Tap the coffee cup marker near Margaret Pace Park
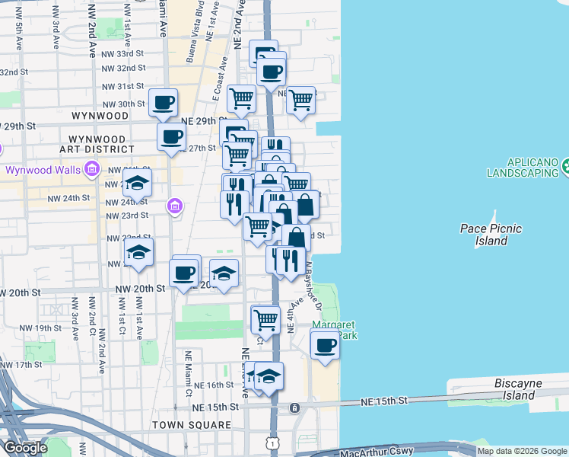point(325,345)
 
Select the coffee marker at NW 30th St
point(163,102)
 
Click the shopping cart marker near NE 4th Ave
point(265,318)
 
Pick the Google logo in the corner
point(25,448)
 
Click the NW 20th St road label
point(140,289)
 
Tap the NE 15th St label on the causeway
point(384,401)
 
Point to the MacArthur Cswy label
point(377,451)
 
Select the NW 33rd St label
point(123,54)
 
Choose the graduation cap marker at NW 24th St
point(137,184)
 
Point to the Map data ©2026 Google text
point(522,451)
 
